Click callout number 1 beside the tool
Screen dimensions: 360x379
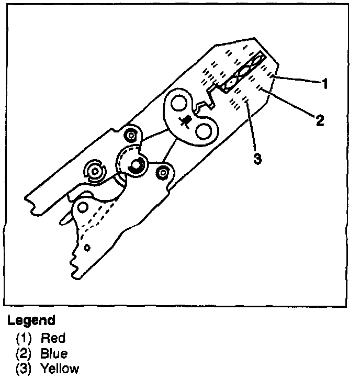tap(325, 83)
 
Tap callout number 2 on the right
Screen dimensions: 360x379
tap(320, 120)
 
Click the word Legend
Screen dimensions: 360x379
tap(31, 319)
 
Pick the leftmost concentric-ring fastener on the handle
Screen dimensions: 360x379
tap(95, 171)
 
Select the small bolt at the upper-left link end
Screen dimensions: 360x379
tap(130, 137)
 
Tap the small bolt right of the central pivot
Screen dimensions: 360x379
tap(164, 171)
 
